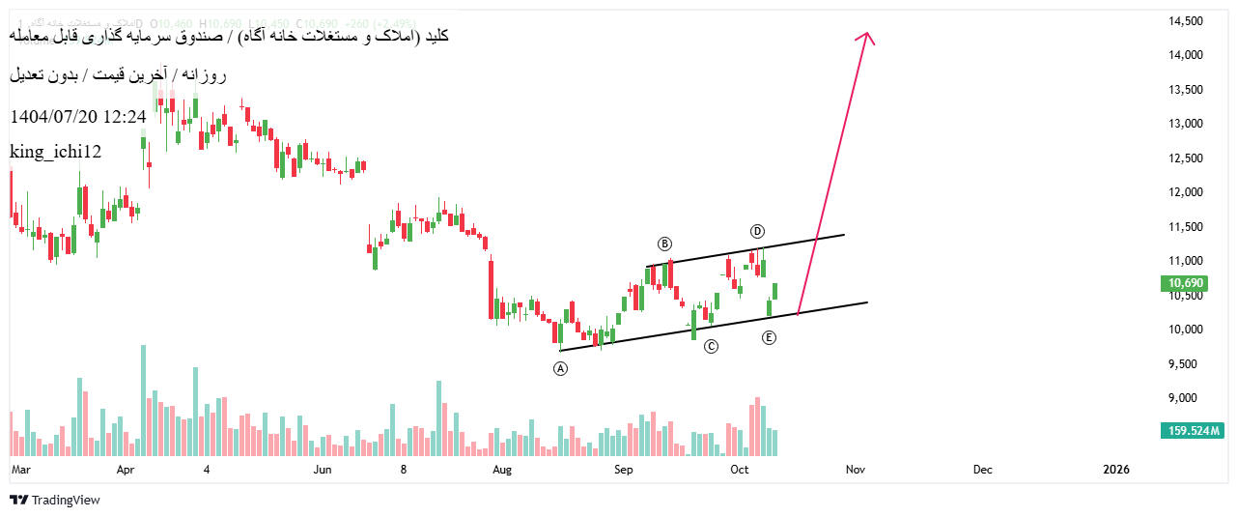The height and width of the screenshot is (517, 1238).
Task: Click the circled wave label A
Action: [x=561, y=368]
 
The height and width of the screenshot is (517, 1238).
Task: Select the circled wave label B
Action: [x=664, y=244]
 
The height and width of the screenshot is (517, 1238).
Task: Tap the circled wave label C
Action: [x=711, y=346]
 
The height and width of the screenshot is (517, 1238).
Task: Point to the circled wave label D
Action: [x=758, y=231]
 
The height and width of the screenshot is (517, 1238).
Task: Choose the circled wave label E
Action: [x=769, y=337]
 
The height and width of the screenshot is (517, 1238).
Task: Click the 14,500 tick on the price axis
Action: [x=1185, y=21]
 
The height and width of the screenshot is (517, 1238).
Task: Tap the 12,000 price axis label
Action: [x=1185, y=192]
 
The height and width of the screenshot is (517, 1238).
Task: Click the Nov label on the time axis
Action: [x=855, y=470]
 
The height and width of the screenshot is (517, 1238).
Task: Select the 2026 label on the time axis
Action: [x=1115, y=470]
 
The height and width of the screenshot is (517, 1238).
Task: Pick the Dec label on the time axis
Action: [x=982, y=470]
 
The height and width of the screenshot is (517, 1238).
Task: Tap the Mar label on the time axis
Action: [x=21, y=470]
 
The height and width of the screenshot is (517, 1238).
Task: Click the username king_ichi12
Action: [x=55, y=152]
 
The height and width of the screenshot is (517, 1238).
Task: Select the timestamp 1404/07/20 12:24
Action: [x=77, y=117]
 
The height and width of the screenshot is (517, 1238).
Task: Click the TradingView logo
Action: [x=55, y=500]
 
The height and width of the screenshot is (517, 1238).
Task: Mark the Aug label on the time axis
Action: [x=501, y=470]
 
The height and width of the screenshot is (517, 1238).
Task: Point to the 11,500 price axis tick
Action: [x=1185, y=227]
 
